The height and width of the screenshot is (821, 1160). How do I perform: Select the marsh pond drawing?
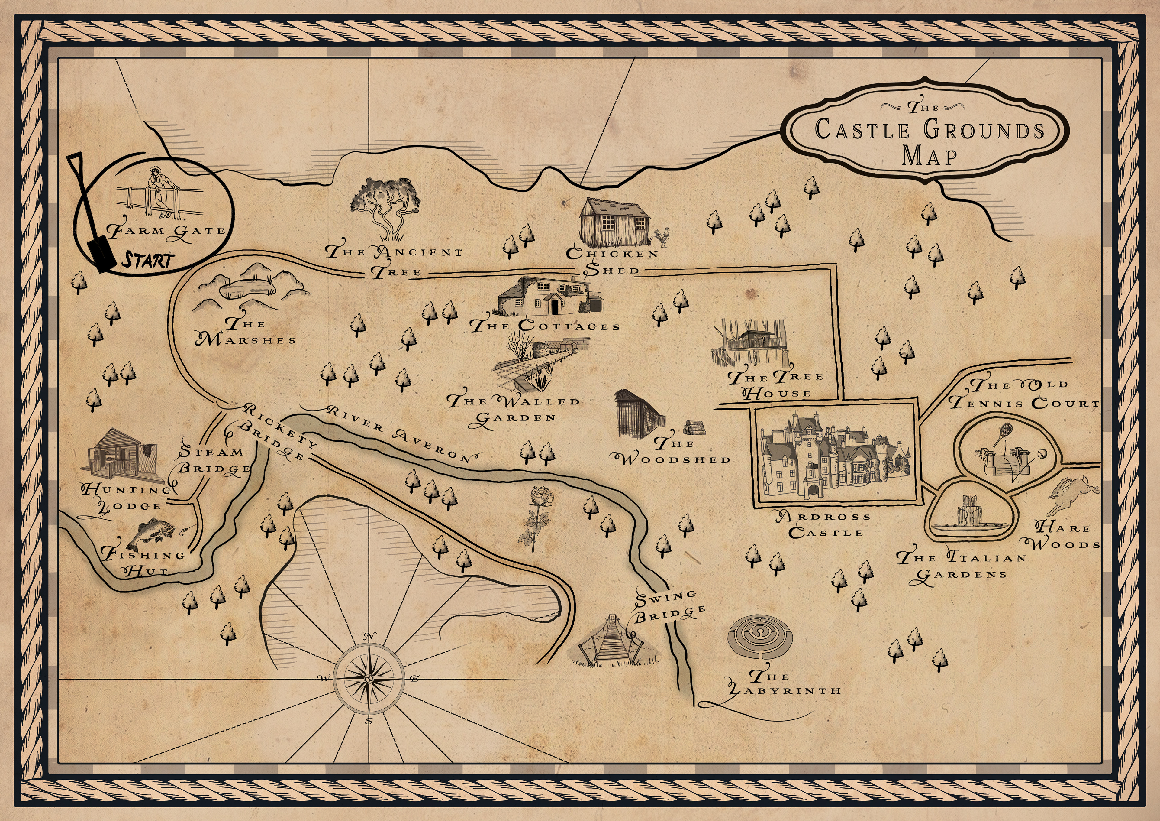pyautogui.click(x=248, y=290)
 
